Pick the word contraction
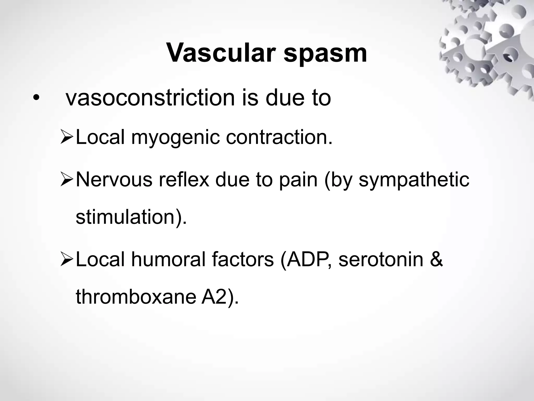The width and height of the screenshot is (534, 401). coord(279,138)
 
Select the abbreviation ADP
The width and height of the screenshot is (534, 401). coord(305,260)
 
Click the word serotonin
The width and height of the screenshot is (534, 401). coord(381,260)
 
